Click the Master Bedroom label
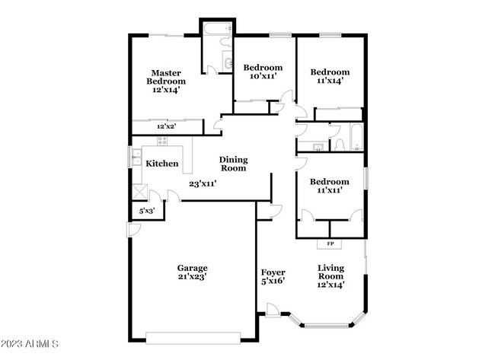[x=166, y=78]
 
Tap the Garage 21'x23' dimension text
[x=192, y=277]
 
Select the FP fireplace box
[x=330, y=244]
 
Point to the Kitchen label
[x=162, y=164]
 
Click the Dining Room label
[x=233, y=164]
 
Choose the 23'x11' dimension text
[x=203, y=183]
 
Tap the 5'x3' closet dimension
[x=147, y=211]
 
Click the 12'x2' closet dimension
[x=166, y=126]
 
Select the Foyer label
[x=273, y=272]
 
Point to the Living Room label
[x=331, y=272]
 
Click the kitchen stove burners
[x=162, y=141]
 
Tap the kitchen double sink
[x=136, y=158]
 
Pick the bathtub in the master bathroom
[x=218, y=28]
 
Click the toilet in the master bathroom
[x=225, y=42]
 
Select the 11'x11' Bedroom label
[x=330, y=186]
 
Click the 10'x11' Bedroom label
[x=263, y=72]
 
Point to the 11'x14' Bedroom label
[x=330, y=76]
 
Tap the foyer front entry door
[x=273, y=310]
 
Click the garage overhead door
[x=193, y=338]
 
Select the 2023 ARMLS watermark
[x=30, y=343]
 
